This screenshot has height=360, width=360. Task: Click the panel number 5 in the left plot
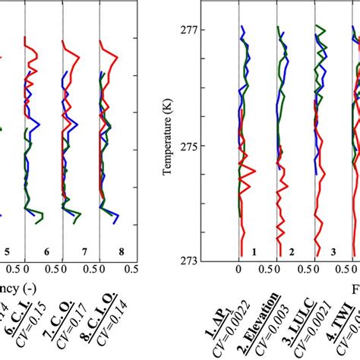[x=6, y=251]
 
